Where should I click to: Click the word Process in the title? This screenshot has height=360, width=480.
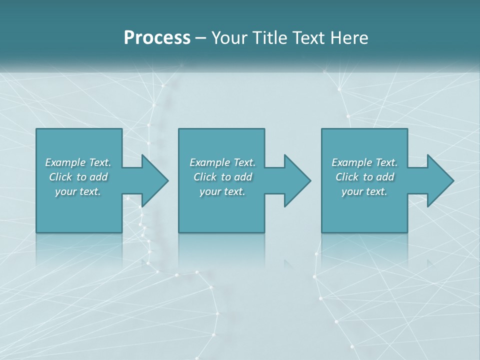[x=157, y=38]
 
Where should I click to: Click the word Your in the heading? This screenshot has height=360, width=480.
[x=228, y=38]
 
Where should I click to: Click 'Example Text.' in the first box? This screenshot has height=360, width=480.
[x=78, y=162]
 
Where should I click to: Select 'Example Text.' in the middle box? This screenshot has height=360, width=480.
[x=222, y=162]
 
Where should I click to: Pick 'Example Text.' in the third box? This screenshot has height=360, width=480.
[x=364, y=162]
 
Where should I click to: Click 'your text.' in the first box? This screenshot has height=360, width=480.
[x=78, y=191]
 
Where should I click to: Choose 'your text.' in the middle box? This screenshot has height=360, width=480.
[x=222, y=191]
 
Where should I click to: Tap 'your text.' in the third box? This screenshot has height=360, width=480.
[x=364, y=191]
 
